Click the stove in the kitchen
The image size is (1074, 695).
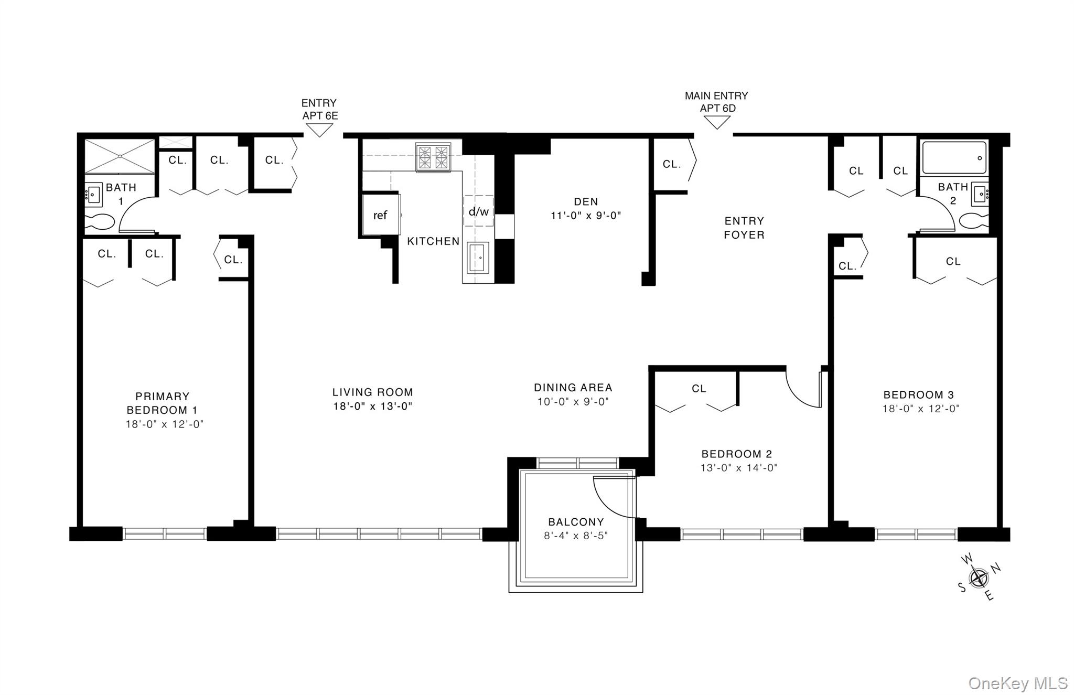[433, 157]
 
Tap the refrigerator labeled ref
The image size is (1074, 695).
[381, 215]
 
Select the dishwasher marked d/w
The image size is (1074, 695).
[478, 211]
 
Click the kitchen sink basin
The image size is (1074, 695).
[476, 258]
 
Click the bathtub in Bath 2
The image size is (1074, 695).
[954, 157]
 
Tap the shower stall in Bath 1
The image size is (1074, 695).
[120, 156]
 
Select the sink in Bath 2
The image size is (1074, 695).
[979, 194]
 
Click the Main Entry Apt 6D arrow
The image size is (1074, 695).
[716, 122]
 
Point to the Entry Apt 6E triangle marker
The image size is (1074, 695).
[319, 130]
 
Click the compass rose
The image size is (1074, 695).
[979, 578]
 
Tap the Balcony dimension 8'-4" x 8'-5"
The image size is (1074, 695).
[576, 536]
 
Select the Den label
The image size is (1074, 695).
[586, 201]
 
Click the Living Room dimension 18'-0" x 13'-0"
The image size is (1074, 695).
[373, 406]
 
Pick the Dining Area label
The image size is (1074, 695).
[573, 388]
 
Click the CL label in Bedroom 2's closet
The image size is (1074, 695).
[699, 389]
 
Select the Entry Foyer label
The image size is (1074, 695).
[744, 228]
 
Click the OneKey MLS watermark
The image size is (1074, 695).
[1017, 683]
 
